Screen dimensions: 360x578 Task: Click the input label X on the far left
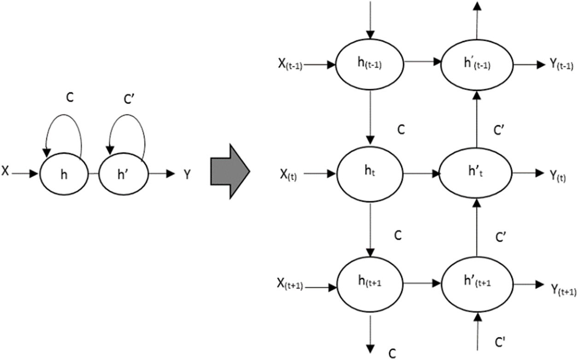pos(5,172)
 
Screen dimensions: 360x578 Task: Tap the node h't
pos(476,174)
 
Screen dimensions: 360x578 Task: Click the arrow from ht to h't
pos(421,174)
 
